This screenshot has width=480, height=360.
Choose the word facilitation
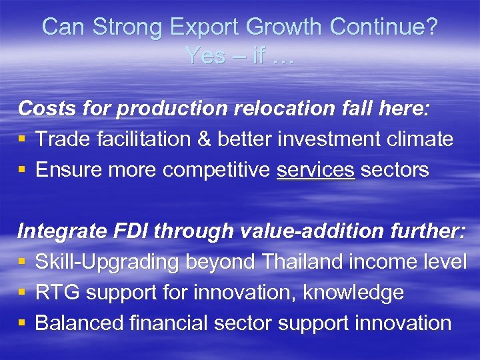tap(155, 139)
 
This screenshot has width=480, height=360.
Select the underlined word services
tap(315, 170)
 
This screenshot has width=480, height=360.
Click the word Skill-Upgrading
tap(107, 262)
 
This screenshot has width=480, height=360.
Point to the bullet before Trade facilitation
tap(23, 139)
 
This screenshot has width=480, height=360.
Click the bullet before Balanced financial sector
tap(23, 324)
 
